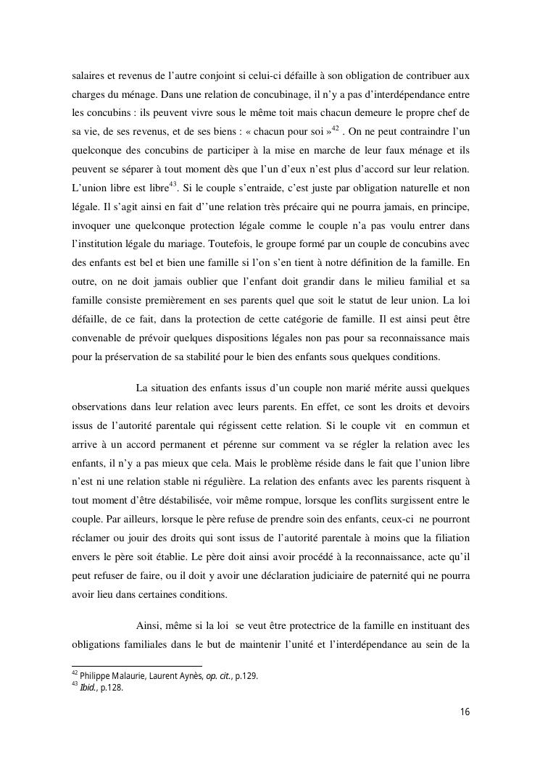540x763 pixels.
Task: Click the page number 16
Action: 465,712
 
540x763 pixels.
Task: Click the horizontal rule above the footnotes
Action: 137,666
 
